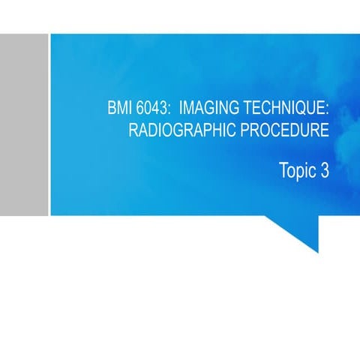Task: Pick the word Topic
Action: [298, 171]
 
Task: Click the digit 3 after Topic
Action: [325, 170]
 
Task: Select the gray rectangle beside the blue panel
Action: [24, 124]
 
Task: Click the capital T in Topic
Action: [283, 170]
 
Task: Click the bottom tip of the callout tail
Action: [317, 252]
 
